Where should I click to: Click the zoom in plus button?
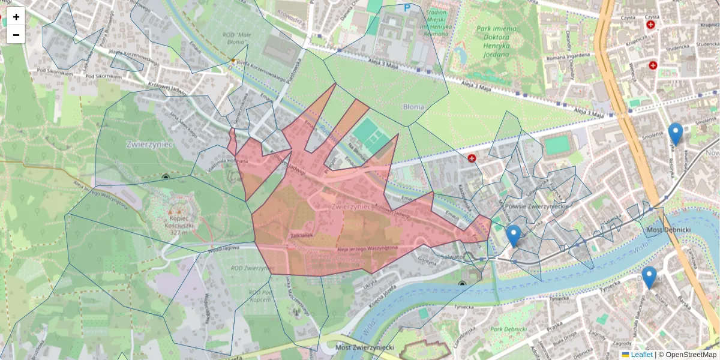pos(16,17)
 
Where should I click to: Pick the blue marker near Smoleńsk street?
pos(676,134)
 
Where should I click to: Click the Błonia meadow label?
pos(413,107)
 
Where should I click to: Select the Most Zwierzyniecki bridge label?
pos(365,347)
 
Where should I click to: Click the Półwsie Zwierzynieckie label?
pos(537,206)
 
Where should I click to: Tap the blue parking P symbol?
pos(407,8)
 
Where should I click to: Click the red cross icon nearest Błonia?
pos(472,158)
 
